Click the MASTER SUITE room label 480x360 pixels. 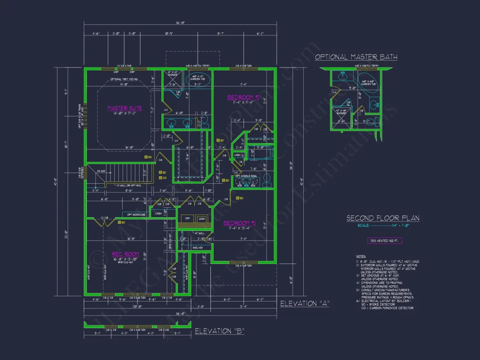click(125, 108)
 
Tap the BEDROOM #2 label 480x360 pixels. click(243, 97)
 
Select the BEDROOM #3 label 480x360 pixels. click(240, 223)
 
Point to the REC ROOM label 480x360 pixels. click(126, 254)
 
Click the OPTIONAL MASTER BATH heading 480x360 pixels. click(356, 57)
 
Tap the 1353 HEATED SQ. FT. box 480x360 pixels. click(384, 240)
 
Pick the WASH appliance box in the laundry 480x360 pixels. click(201, 219)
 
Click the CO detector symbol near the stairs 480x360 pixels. click(160, 178)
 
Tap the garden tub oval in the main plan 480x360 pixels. click(198, 80)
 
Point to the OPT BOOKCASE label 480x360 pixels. click(136, 214)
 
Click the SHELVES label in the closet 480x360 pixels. click(198, 248)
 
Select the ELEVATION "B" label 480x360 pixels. click(219, 331)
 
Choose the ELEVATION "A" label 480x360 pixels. click(305, 303)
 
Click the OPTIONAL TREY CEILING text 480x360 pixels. click(124, 79)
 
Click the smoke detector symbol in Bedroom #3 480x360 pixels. click(240, 198)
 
